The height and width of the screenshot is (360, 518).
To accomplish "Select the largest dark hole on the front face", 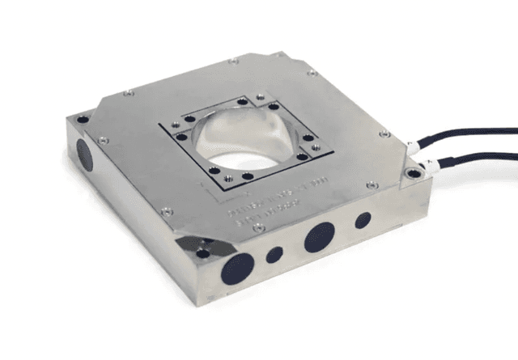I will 237,267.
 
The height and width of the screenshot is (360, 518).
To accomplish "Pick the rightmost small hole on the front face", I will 363,220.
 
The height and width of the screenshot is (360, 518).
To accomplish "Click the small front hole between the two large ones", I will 275,254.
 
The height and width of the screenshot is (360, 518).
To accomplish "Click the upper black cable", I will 478,133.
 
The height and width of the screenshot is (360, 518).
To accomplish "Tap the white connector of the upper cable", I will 412,147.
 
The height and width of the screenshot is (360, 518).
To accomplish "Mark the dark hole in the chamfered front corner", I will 202,253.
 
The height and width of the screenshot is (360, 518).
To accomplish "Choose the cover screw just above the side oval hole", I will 103,140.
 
